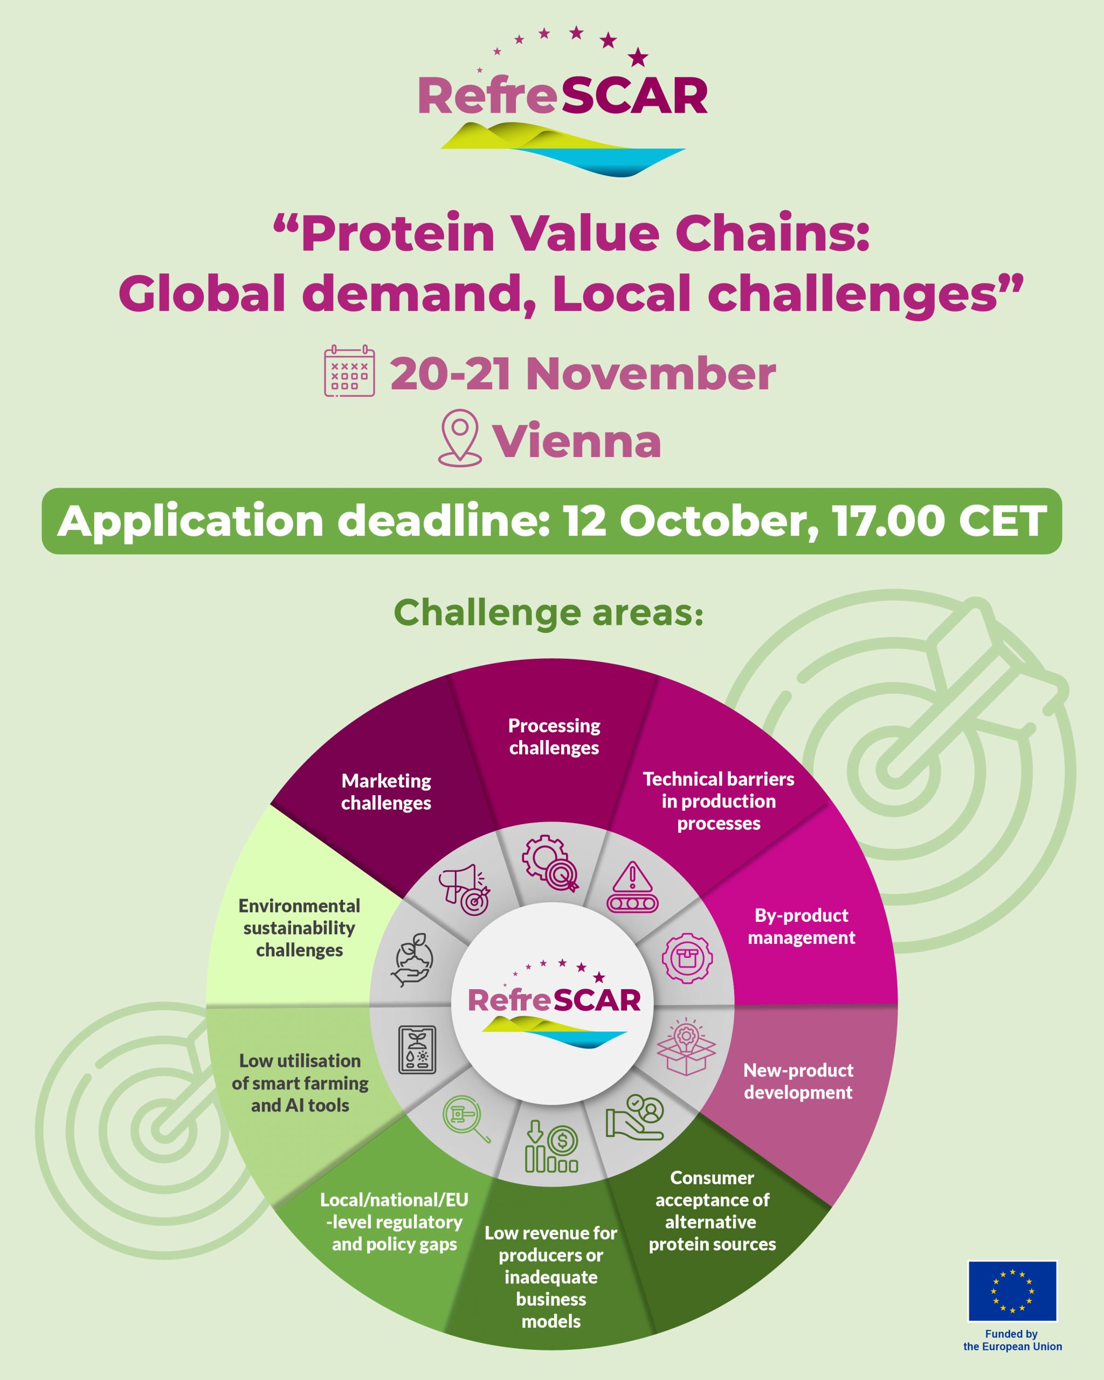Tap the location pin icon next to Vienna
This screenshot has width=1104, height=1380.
click(459, 438)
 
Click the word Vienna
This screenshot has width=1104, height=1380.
click(577, 441)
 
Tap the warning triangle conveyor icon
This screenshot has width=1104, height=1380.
click(632, 887)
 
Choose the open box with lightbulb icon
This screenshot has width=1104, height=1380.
click(686, 1046)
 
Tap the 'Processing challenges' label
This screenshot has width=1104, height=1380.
click(554, 737)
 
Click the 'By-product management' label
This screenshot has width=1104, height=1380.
click(801, 926)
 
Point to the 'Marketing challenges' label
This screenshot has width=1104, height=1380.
click(386, 792)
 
